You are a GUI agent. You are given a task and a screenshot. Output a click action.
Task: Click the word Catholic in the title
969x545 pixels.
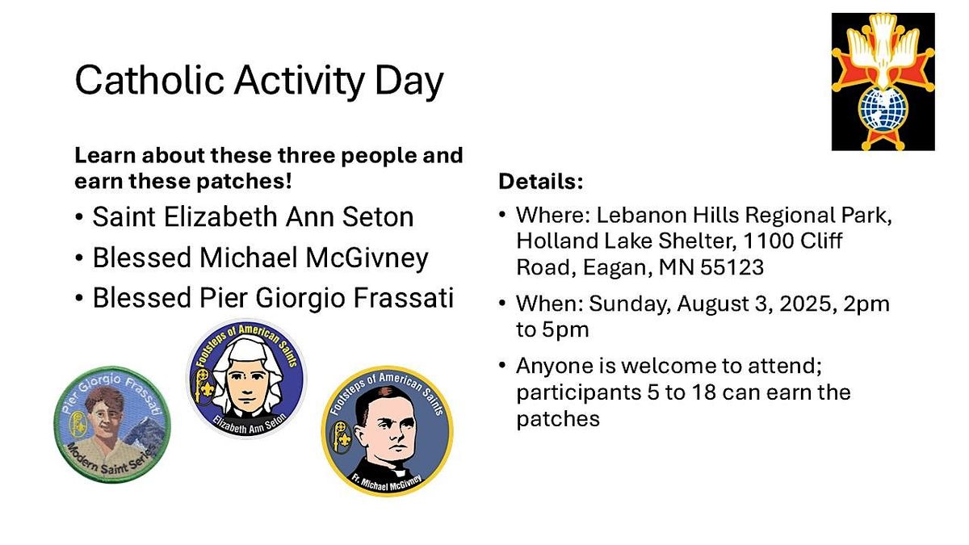point(149,80)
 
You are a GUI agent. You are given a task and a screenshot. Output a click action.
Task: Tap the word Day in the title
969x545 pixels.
point(409,82)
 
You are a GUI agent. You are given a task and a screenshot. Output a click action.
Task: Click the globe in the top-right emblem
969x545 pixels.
point(883,110)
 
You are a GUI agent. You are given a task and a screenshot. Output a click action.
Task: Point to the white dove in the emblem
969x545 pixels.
point(883,48)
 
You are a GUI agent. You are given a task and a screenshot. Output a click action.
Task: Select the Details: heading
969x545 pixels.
point(541,181)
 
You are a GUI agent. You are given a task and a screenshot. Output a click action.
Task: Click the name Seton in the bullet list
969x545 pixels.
point(378,216)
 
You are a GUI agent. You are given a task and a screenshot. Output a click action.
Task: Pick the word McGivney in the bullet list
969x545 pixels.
point(367,258)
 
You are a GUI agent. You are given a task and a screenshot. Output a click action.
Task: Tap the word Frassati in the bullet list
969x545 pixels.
point(403,298)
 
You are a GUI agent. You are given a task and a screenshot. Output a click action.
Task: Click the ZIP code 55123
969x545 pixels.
point(732,267)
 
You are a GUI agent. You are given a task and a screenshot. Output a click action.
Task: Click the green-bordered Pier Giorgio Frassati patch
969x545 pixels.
point(112,425)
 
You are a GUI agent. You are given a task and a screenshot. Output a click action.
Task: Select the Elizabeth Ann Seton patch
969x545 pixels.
point(246,379)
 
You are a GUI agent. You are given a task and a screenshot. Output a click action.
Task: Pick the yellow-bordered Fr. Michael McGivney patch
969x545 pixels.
point(387,431)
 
